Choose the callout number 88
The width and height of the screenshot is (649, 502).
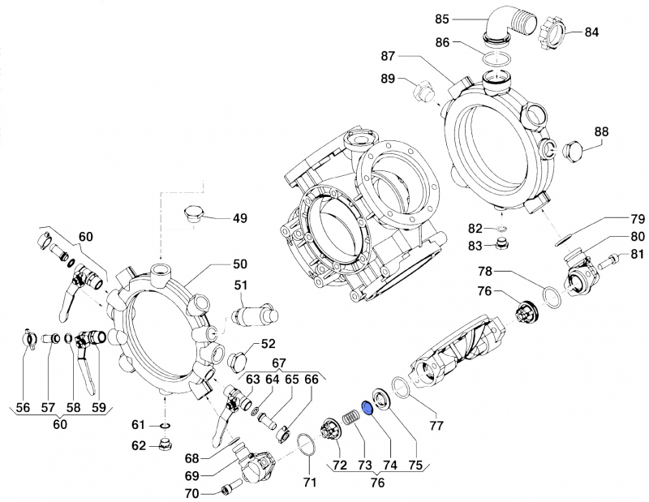coord(601,131)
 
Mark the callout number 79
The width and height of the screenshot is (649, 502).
coord(637,218)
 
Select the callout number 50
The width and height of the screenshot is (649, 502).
coord(240,264)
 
